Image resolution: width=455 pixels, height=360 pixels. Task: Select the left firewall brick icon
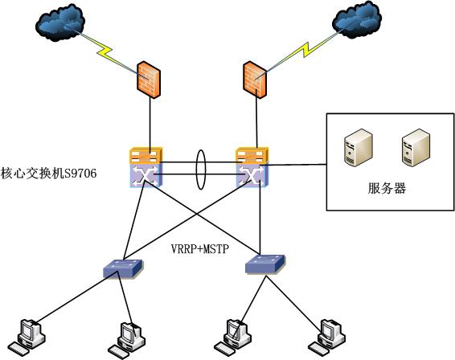(149, 78)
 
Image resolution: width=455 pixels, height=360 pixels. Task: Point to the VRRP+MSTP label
(200, 248)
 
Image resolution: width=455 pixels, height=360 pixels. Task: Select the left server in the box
(354, 149)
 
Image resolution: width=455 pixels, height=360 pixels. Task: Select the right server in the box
(412, 149)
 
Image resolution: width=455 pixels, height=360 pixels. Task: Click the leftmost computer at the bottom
(29, 337)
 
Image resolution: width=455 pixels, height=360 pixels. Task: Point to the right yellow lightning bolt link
(298, 54)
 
